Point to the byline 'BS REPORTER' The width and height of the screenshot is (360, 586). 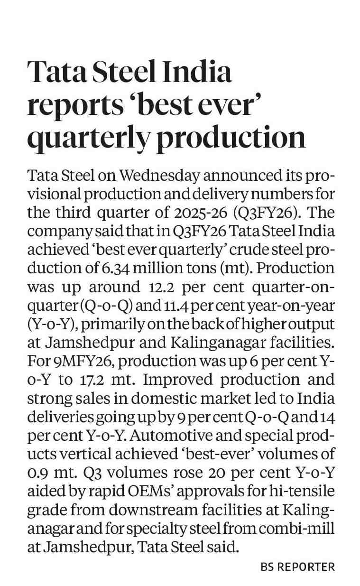click(x=297, y=567)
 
